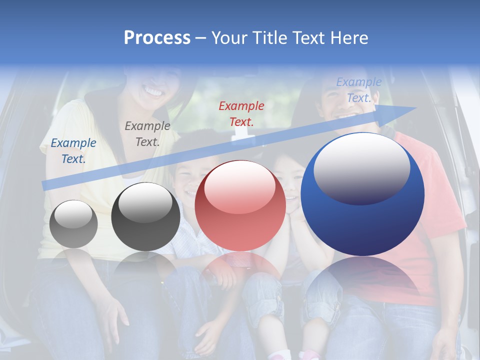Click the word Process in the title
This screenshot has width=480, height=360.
157,38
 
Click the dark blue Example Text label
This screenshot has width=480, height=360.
73,150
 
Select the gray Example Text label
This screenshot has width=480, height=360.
147,133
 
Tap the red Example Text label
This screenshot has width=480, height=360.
241,113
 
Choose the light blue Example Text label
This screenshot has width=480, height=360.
358,90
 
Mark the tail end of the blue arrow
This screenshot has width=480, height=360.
45,185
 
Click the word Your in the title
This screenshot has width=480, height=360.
228,38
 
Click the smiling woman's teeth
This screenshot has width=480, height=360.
153,92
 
